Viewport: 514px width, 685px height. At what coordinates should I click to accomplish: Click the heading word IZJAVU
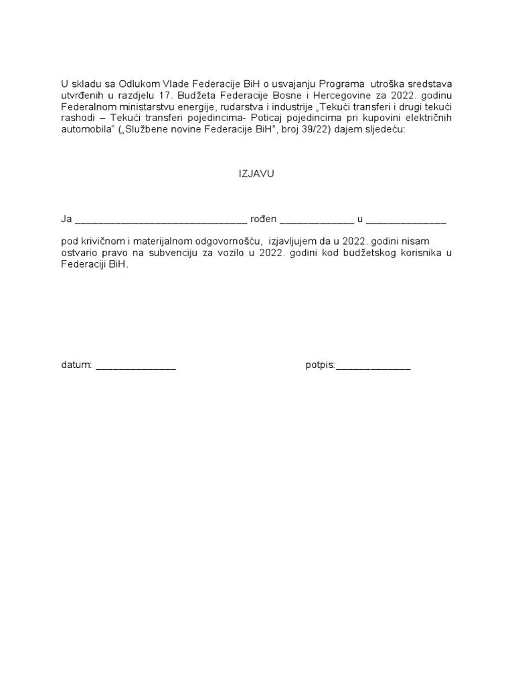point(256,173)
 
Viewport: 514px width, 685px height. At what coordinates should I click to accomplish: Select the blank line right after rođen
point(316,219)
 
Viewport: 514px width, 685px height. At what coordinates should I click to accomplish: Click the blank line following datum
point(136,366)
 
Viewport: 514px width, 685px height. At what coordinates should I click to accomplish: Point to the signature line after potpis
point(373,366)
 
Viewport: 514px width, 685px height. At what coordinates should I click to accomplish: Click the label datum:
point(76,365)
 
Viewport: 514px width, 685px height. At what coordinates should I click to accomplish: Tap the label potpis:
point(320,366)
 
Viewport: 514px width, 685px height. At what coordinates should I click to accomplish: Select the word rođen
point(263,219)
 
